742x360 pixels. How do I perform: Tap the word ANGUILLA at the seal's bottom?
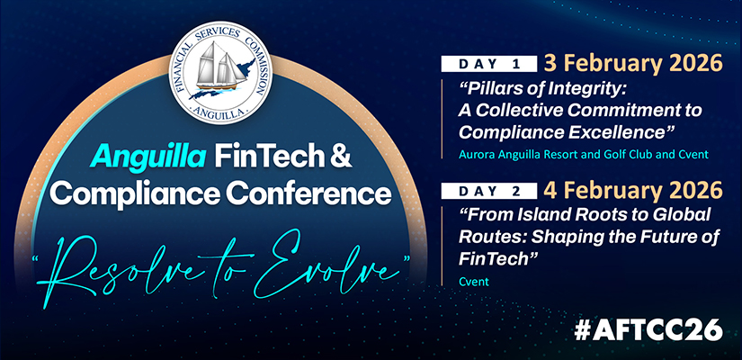(220, 112)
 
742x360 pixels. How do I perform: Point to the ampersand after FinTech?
(341, 157)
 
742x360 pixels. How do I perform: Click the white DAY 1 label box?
(489, 64)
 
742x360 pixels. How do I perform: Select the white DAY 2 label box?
(489, 191)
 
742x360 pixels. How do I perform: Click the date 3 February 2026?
(633, 64)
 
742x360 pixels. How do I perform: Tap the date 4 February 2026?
(633, 191)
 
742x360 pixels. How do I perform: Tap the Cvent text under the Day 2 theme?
(474, 282)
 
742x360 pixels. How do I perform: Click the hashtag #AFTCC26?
(648, 329)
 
